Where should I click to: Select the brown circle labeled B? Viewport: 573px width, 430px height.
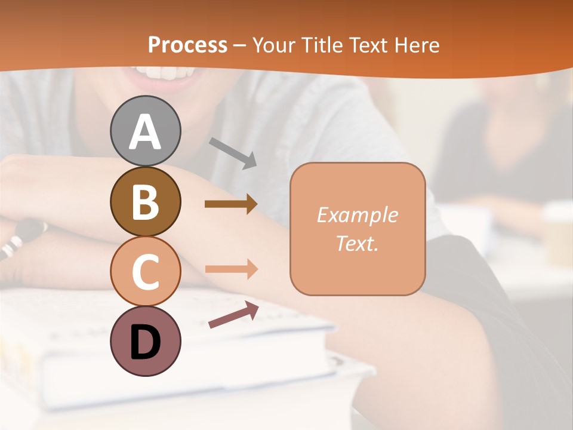(x=145, y=201)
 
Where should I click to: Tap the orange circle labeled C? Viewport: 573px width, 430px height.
(x=145, y=272)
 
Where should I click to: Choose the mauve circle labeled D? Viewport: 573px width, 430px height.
(x=145, y=341)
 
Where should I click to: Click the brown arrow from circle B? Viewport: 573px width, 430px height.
(x=231, y=204)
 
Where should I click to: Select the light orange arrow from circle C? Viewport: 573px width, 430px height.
(x=231, y=269)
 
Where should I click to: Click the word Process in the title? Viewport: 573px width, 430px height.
(x=187, y=45)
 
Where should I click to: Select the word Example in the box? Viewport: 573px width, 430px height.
(x=357, y=215)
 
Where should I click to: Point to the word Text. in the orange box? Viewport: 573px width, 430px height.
(x=357, y=244)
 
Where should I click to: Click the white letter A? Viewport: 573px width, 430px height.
(x=145, y=132)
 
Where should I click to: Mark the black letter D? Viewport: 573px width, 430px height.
(x=145, y=342)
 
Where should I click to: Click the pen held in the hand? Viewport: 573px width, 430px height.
(x=24, y=236)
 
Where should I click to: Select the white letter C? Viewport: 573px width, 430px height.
(x=145, y=272)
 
